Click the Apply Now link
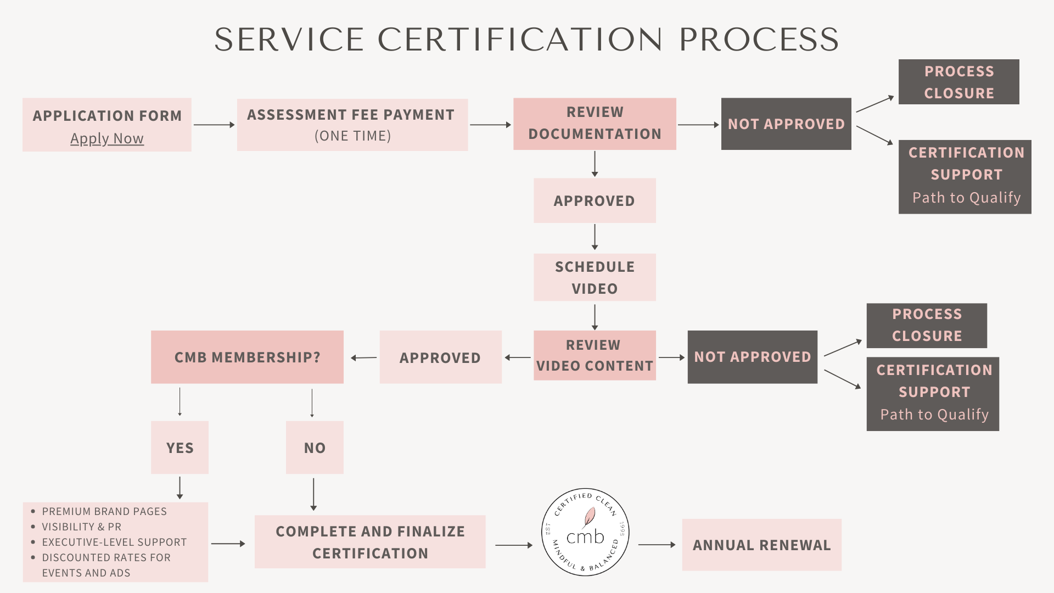tap(107, 138)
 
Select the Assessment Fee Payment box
tap(352, 125)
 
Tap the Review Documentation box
tap(595, 124)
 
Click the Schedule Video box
tap(595, 277)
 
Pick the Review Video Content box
tap(595, 355)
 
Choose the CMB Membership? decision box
tap(247, 357)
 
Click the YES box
tap(180, 447)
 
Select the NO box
tap(315, 447)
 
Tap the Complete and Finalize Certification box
tap(370, 542)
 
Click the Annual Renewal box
tap(761, 545)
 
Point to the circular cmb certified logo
tap(585, 532)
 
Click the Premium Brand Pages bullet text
tap(104, 511)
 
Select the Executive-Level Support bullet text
tap(114, 542)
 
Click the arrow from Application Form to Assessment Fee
tap(214, 125)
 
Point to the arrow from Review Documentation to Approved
tap(595, 164)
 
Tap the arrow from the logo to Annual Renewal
tap(657, 545)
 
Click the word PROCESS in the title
tap(759, 40)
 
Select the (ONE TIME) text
tap(352, 136)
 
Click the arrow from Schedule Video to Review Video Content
tap(595, 317)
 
